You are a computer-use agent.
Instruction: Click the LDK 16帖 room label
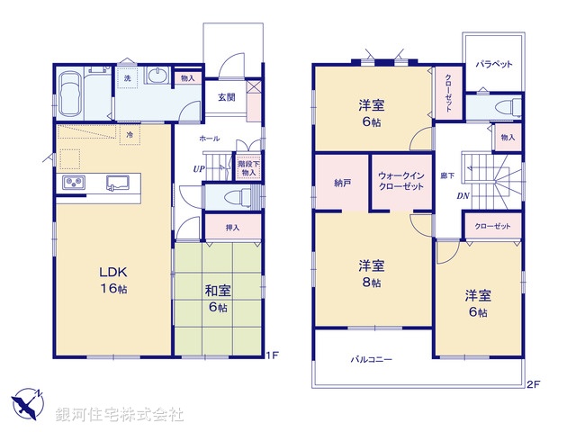pos(111,278)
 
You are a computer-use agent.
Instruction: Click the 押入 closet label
pos(231,228)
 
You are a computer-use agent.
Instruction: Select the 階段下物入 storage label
pos(247,167)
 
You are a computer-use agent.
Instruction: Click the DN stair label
pos(463,195)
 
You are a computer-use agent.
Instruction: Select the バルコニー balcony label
pos(371,360)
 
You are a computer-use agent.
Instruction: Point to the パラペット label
pos(493,65)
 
